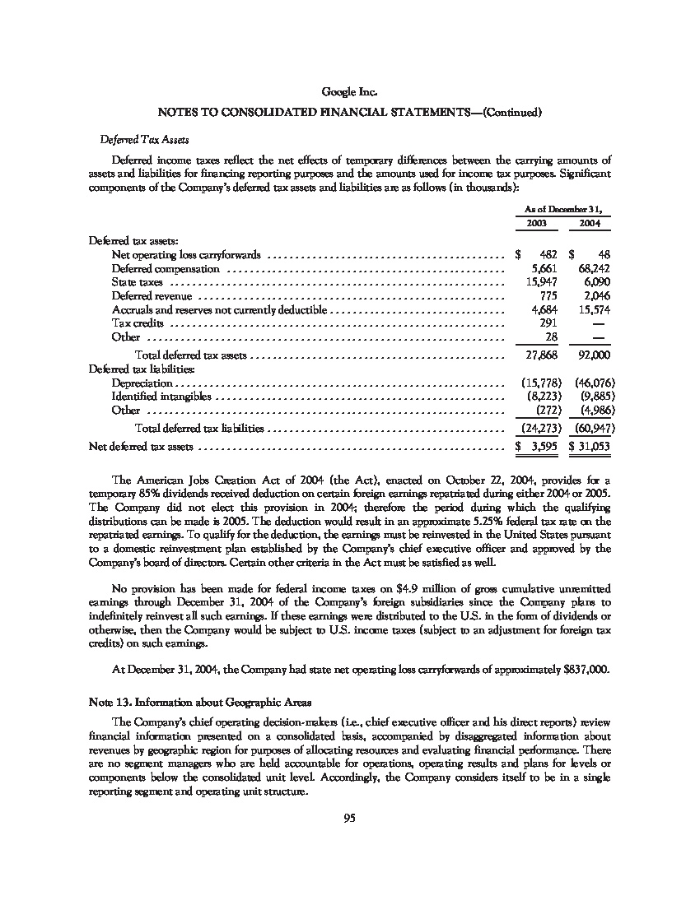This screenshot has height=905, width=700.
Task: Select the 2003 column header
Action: click(x=535, y=224)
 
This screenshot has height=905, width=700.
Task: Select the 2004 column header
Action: click(x=590, y=224)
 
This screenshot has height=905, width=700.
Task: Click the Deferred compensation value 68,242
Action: click(x=593, y=269)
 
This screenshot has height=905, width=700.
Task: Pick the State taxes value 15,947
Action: click(x=540, y=282)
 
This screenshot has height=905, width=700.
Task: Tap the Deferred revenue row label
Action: click(x=152, y=296)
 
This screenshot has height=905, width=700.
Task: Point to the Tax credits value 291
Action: click(x=547, y=323)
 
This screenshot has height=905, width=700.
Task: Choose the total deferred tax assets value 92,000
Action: click(x=593, y=355)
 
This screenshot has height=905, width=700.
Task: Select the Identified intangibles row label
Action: click(x=161, y=397)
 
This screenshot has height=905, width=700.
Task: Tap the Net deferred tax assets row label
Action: click(x=141, y=447)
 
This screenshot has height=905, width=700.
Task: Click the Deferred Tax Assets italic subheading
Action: click(x=133, y=140)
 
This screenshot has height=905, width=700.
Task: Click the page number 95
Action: click(x=350, y=817)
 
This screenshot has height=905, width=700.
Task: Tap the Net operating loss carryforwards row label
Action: click(x=186, y=255)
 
